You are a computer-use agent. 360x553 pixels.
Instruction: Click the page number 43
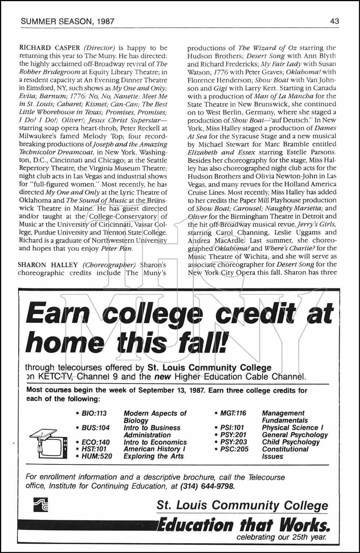[335, 21]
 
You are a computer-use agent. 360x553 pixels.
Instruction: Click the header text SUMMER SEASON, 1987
[68, 21]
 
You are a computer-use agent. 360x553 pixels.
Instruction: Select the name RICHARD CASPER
[49, 48]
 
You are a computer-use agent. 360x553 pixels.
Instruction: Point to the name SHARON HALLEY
[48, 265]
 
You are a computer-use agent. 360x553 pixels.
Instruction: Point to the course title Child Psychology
[291, 442]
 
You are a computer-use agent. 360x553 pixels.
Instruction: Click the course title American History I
[154, 449]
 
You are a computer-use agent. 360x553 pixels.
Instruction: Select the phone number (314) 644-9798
[208, 486]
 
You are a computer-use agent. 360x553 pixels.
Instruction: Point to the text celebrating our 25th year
[281, 537]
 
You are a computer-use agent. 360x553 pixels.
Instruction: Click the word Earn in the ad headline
[58, 314]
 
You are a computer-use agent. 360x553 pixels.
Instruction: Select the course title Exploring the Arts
[154, 456]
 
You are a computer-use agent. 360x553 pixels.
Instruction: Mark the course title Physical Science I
[293, 428]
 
